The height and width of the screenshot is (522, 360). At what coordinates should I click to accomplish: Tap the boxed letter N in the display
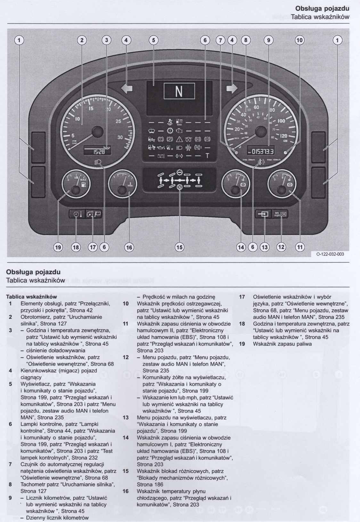coord(179,91)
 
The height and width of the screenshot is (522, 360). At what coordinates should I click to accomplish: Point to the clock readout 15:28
coord(97,152)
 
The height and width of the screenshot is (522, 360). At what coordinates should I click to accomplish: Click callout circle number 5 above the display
coord(154,40)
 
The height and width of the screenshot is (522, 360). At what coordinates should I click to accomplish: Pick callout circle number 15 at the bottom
coord(179,247)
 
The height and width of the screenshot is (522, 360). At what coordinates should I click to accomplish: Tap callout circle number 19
coord(58,247)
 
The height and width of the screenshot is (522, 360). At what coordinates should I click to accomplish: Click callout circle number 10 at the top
coord(299,40)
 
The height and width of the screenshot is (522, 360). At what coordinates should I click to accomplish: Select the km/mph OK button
coord(280,214)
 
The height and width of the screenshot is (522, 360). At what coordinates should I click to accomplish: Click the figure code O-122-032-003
coord(330,254)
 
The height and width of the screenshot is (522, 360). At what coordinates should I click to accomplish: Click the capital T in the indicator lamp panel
coord(208,156)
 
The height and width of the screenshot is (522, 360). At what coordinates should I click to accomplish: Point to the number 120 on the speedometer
coord(283,136)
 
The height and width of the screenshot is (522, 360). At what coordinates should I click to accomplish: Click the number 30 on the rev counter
coord(120,137)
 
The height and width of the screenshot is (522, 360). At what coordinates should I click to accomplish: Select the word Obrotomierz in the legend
coord(34,317)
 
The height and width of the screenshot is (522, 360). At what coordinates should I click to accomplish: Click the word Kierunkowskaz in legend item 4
coord(37,370)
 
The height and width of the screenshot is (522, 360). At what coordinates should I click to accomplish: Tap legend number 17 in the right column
coord(242,297)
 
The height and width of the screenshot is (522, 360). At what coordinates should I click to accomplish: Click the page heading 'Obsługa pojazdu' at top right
coord(322,8)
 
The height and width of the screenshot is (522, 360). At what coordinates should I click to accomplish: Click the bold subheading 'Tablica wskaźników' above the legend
coord(31,297)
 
